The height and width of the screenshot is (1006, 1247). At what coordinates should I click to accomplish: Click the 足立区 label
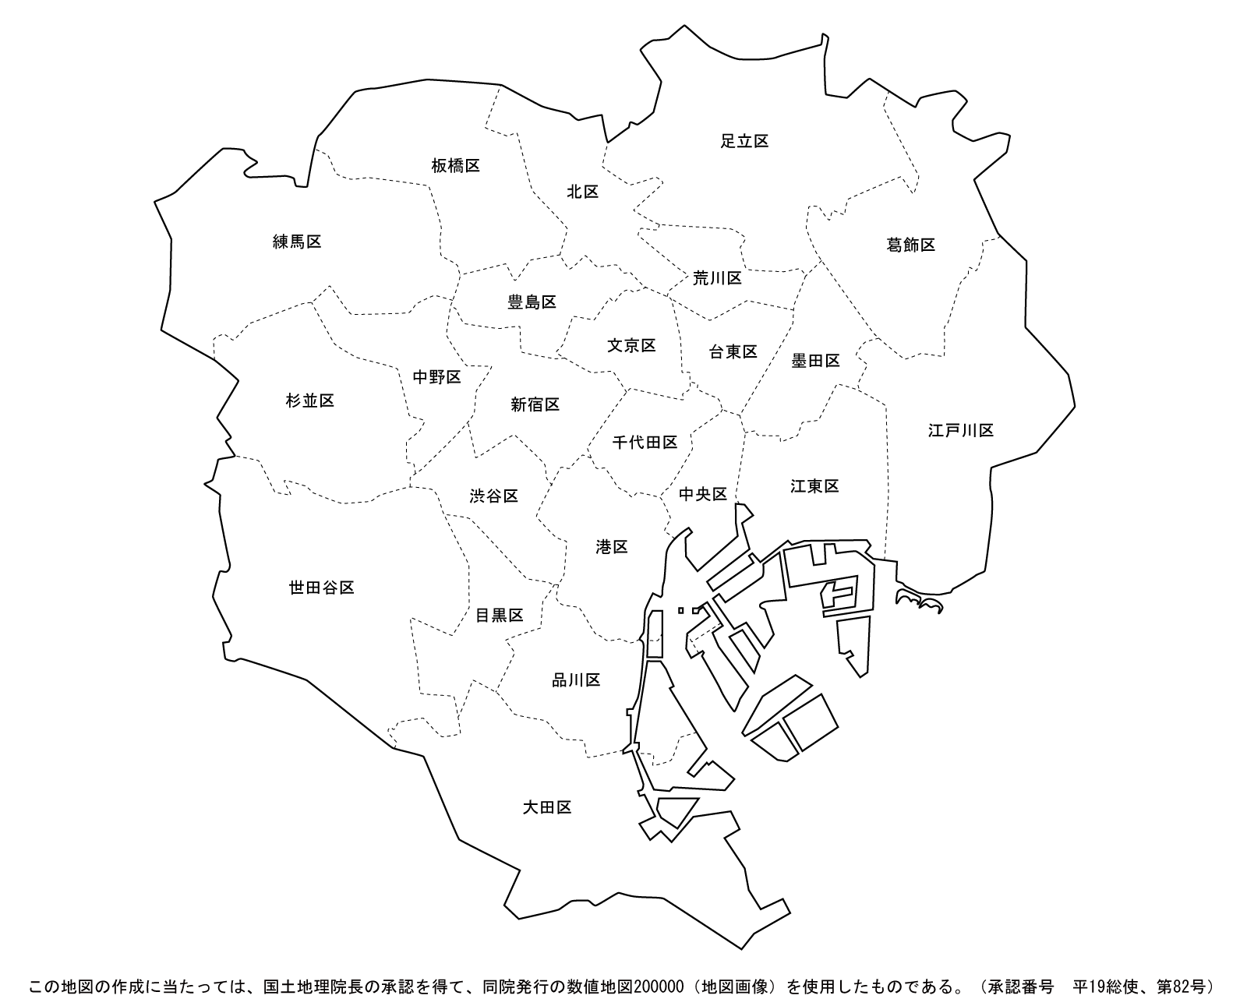[x=744, y=141]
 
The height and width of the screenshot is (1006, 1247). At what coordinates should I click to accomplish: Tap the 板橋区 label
[x=455, y=165]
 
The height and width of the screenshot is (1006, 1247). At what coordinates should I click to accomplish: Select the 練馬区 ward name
[x=297, y=242]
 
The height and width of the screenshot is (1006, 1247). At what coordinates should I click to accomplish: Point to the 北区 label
[x=582, y=192]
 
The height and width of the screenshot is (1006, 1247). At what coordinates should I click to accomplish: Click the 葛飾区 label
[x=910, y=245]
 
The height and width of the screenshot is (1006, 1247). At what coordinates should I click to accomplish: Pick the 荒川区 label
[x=717, y=277]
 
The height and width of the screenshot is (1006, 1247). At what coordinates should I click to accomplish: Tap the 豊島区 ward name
[x=532, y=302]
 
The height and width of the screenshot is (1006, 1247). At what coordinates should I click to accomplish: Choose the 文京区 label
[x=631, y=345]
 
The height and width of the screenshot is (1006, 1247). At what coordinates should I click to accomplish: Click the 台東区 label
[x=733, y=351]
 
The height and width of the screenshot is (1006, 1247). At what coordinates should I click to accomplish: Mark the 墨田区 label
[x=815, y=361]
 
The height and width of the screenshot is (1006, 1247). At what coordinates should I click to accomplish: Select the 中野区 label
[x=436, y=377]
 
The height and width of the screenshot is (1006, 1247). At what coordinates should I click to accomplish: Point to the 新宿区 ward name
[x=535, y=404]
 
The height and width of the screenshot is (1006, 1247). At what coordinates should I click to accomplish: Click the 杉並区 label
[x=309, y=401]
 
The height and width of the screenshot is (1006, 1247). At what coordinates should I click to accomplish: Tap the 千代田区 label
[x=645, y=442]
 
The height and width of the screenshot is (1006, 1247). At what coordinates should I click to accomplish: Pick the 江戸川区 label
[x=960, y=430]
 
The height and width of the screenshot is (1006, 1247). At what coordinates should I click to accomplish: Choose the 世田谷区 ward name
[x=321, y=588]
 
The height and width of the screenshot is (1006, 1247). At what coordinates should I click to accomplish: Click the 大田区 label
[x=547, y=807]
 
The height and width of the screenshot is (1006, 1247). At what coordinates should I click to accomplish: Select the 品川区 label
[x=576, y=680]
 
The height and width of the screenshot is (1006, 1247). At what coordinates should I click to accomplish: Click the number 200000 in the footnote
[x=660, y=987]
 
